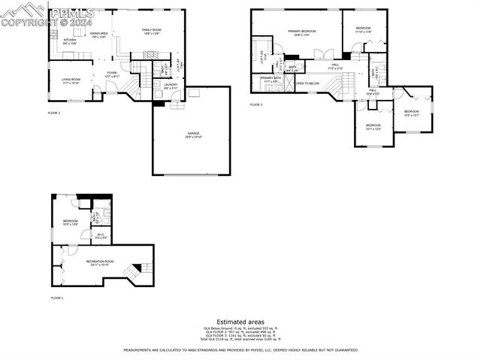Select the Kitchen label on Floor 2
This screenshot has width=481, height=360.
(69, 41)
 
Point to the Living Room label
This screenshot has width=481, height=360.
(71, 80)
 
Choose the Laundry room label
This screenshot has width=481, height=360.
(170, 86)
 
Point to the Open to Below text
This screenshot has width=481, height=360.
(307, 83)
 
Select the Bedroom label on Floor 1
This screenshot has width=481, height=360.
(71, 222)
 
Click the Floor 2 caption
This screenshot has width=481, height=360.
(54, 113)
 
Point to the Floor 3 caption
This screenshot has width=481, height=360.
(256, 104)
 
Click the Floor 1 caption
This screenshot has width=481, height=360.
(57, 298)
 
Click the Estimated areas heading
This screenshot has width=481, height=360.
(240, 322)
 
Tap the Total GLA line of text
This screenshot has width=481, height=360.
(240, 340)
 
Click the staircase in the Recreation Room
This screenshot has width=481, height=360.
(138, 269)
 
